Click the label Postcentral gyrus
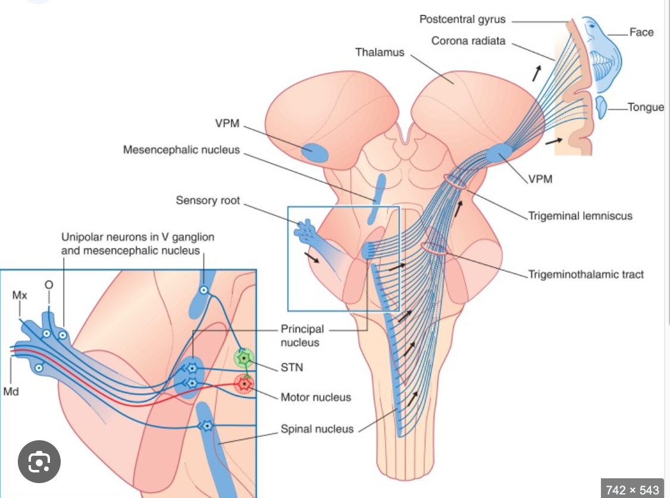(x=462, y=19)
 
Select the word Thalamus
(x=380, y=52)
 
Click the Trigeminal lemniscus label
(x=580, y=216)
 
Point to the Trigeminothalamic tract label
(x=586, y=275)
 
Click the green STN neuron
(x=244, y=358)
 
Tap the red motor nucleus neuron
(x=244, y=384)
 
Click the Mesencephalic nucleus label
(x=181, y=150)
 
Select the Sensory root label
(x=208, y=201)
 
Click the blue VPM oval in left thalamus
(x=315, y=152)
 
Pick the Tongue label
(x=646, y=108)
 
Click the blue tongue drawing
(x=602, y=106)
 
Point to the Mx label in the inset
(x=19, y=295)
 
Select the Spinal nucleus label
(x=317, y=429)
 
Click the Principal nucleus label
(x=302, y=335)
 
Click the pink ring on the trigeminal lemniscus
(x=455, y=182)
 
